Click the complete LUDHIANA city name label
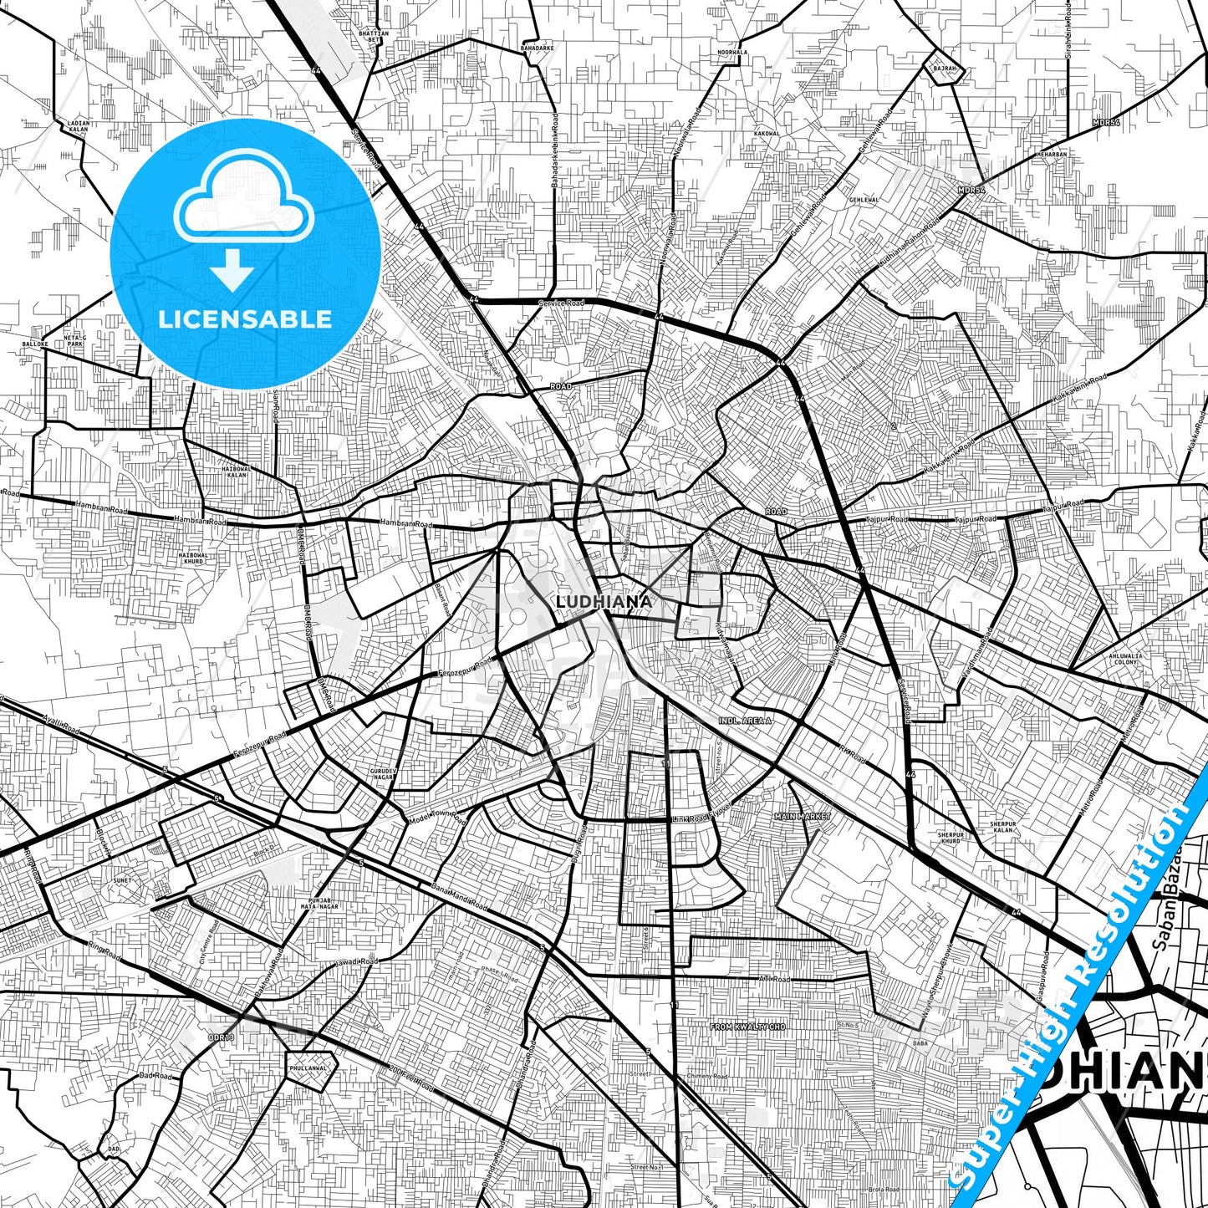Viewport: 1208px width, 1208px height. click(604, 601)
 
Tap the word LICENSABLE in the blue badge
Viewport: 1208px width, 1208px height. click(245, 319)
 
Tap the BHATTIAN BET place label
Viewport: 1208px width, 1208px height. click(373, 36)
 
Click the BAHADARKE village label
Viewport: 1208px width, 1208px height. click(537, 48)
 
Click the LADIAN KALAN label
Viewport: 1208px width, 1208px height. click(78, 126)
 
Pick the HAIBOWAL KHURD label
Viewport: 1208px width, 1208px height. click(192, 558)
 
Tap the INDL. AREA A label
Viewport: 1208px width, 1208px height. click(745, 720)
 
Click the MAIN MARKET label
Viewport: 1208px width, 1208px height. click(803, 816)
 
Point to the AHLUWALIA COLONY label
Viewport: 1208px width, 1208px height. click(1126, 659)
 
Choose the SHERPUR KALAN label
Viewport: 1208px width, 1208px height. click(1002, 827)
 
